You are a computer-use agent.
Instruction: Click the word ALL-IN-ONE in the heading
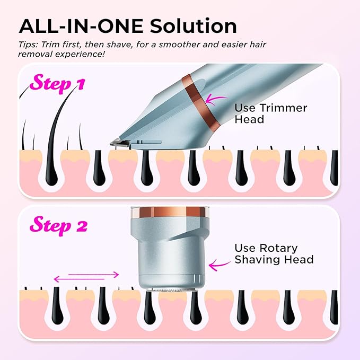[x=81, y=26]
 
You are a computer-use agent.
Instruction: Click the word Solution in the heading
[x=194, y=26]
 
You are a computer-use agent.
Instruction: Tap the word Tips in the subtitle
[x=28, y=45]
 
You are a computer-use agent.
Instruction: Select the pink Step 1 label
[x=57, y=83]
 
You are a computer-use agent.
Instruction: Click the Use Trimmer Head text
[x=271, y=113]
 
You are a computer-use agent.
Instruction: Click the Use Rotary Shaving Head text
[x=274, y=254]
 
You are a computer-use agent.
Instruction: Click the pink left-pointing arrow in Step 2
[x=79, y=279]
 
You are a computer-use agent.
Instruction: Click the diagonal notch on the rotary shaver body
[x=183, y=236]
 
